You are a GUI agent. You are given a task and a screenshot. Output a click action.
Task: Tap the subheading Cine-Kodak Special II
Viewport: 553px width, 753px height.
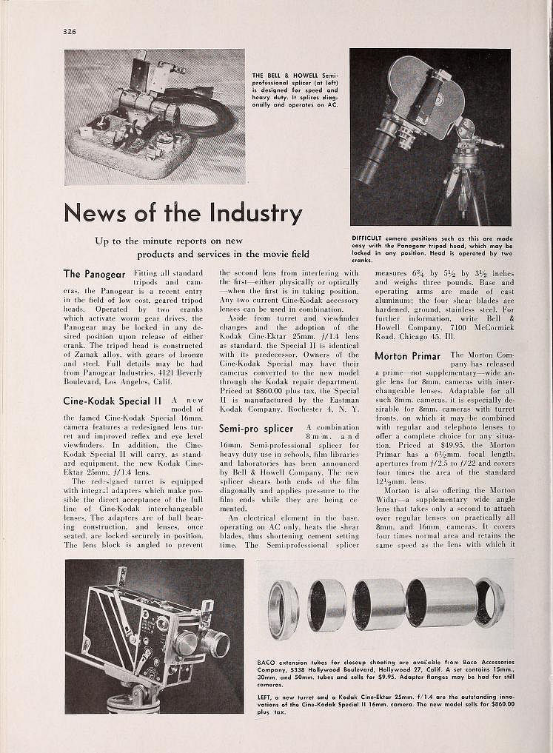click(x=113, y=401)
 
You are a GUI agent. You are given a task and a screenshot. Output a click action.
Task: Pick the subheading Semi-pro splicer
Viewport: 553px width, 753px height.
click(x=256, y=429)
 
